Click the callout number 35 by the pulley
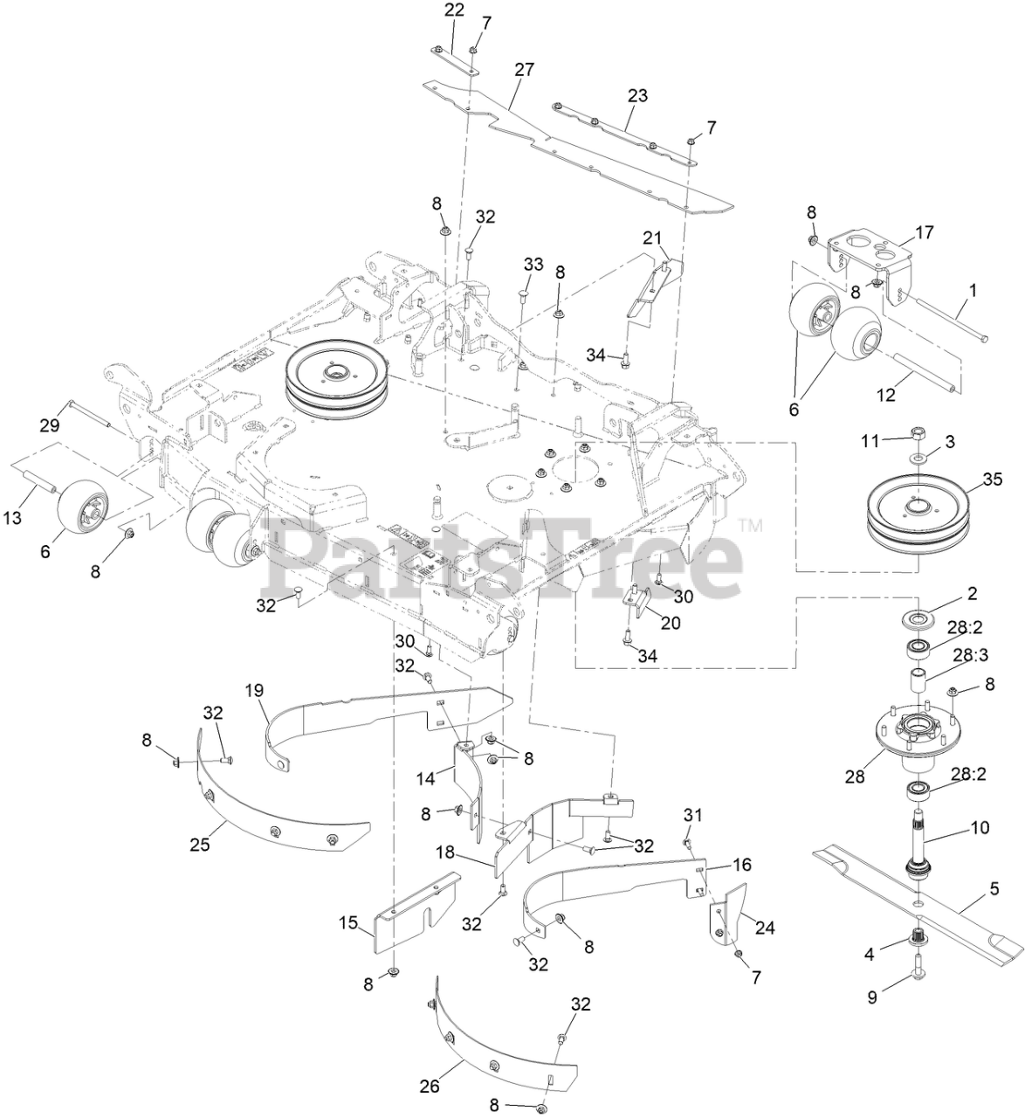coord(992,479)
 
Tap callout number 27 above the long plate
coord(524,69)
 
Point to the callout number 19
coord(254,689)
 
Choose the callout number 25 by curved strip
coord(200,845)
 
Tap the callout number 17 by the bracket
coord(924,233)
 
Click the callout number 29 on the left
coord(49,425)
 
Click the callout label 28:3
coord(971,653)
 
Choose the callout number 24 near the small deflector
coord(764,928)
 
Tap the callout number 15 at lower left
coord(348,922)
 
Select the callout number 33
coord(533,263)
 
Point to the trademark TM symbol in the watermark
coord(749,526)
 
